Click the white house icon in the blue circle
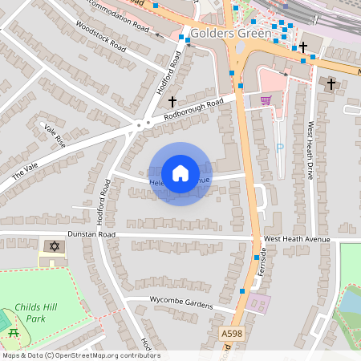click(x=180, y=173)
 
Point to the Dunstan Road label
click(x=91, y=235)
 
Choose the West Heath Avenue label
click(x=296, y=240)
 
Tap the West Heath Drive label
click(x=308, y=150)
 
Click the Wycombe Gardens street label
click(x=181, y=302)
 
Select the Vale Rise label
click(x=55, y=134)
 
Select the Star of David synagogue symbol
click(x=54, y=245)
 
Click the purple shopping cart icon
click(x=266, y=99)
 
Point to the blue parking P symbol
click(x=279, y=148)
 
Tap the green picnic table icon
click(x=12, y=333)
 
